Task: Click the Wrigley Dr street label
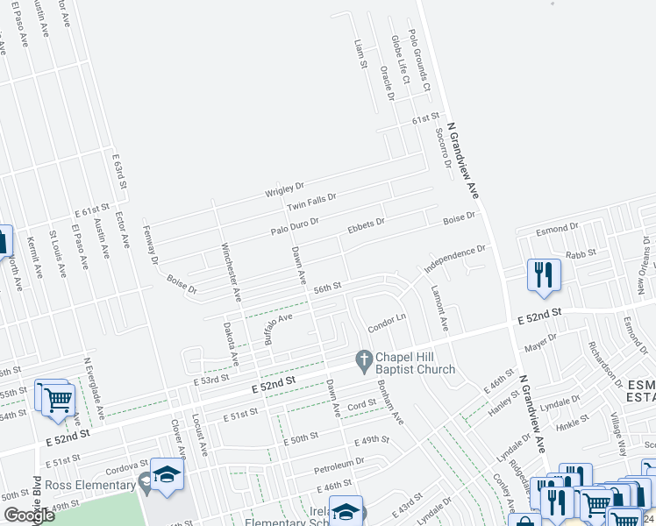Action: pyautogui.click(x=285, y=188)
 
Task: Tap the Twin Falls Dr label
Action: pyautogui.click(x=311, y=203)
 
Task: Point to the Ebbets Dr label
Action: pyautogui.click(x=367, y=224)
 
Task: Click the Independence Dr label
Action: pyautogui.click(x=454, y=259)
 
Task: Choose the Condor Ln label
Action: pyautogui.click(x=387, y=321)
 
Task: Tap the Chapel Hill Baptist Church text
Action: pyautogui.click(x=416, y=364)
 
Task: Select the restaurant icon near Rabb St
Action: pyautogui.click(x=544, y=274)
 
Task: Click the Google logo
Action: pyautogui.click(x=29, y=515)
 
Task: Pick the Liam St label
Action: pyautogui.click(x=358, y=54)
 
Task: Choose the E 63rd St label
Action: pyautogui.click(x=122, y=171)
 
